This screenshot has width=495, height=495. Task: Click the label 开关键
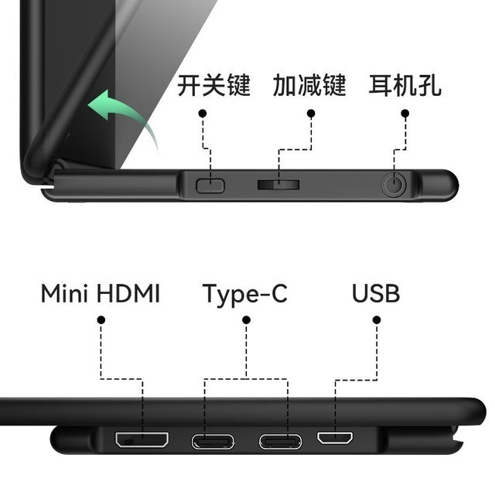(213, 85)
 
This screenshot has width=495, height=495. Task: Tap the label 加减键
(309, 85)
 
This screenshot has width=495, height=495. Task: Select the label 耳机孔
(405, 85)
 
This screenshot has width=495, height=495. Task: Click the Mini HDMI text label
(101, 294)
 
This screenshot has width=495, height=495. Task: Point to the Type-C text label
(245, 295)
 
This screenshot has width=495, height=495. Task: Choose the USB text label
(376, 294)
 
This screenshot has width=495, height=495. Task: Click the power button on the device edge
(210, 186)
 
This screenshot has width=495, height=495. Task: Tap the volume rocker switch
(278, 185)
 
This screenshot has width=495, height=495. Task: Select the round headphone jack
(394, 184)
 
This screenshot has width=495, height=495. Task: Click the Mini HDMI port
(142, 439)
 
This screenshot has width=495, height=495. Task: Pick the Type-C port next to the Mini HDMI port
(213, 442)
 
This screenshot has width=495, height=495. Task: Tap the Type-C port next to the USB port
(280, 442)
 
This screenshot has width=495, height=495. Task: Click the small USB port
(335, 438)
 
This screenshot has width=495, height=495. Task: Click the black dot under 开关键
(203, 114)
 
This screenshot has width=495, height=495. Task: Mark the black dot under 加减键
(311, 114)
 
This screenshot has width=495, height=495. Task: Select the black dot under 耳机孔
(405, 114)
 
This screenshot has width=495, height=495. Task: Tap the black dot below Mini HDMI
(101, 320)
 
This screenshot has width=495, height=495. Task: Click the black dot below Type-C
(246, 320)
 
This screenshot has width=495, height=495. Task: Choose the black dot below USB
(377, 320)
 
